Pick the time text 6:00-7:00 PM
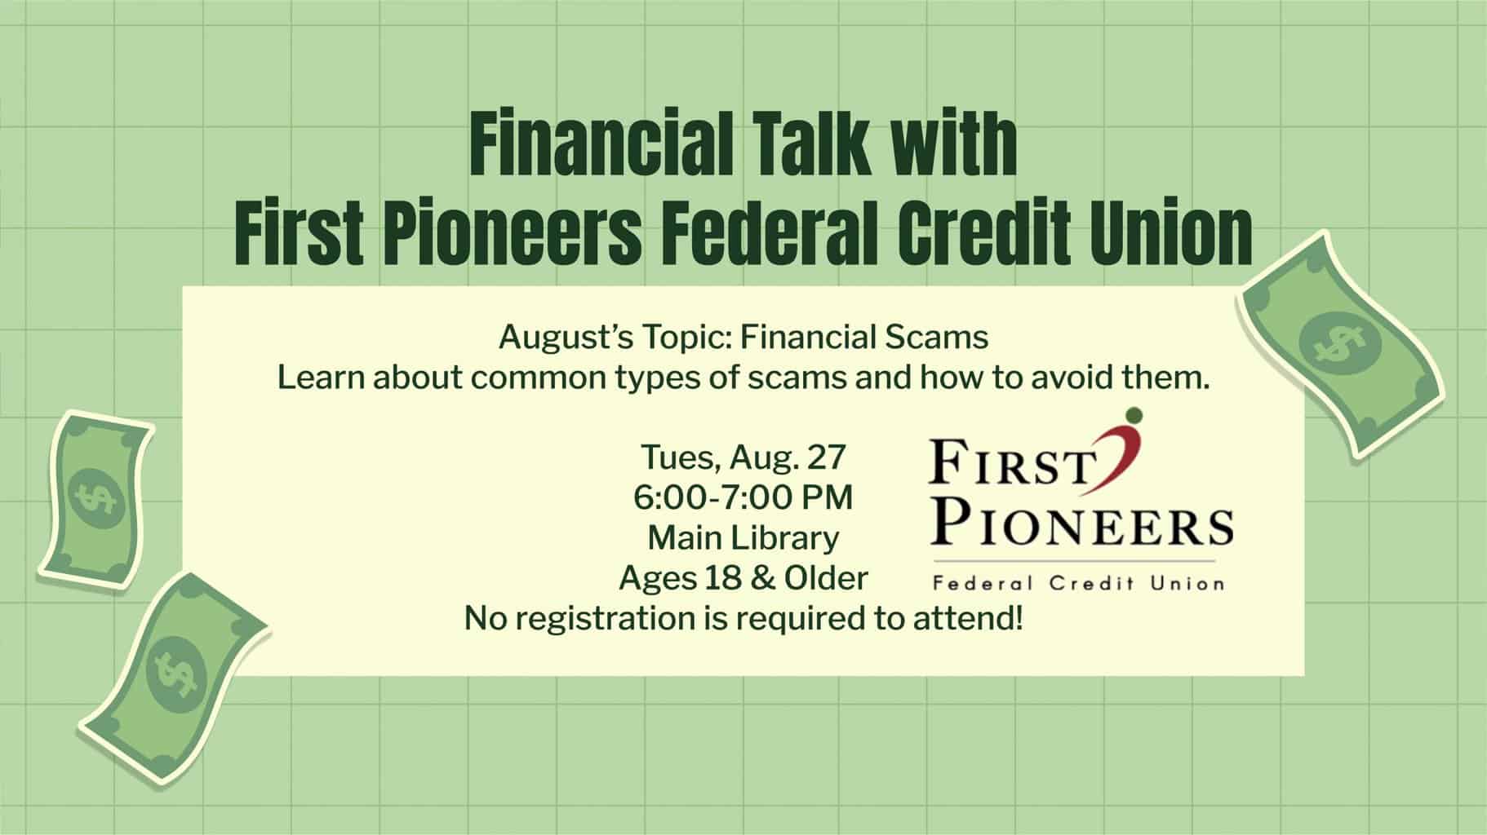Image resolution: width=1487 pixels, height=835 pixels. pyautogui.click(x=743, y=497)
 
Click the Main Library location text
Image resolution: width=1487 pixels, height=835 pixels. pyautogui.click(x=743, y=537)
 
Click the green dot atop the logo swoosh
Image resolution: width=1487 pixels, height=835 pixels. pyautogui.click(x=1131, y=416)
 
